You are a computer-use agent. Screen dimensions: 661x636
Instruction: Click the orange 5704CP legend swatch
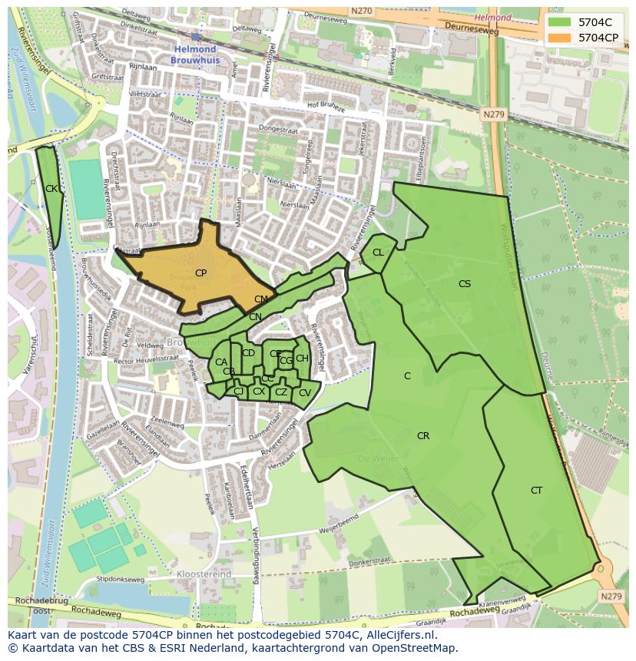click(560, 37)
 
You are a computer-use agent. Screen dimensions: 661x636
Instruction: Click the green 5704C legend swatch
click(560, 22)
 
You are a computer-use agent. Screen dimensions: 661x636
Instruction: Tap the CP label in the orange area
click(200, 273)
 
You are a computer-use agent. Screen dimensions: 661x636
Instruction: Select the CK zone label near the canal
click(51, 189)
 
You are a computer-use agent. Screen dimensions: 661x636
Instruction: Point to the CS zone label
click(464, 284)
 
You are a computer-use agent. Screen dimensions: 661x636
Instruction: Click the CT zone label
click(536, 491)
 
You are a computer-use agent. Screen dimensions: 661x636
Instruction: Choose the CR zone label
click(422, 436)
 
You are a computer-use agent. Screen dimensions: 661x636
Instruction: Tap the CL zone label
click(378, 253)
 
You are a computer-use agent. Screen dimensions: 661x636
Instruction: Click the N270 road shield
click(361, 11)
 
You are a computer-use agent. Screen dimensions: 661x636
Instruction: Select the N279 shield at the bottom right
click(611, 597)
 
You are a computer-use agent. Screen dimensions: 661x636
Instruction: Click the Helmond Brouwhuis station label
click(195, 54)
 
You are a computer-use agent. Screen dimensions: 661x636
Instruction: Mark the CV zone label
click(304, 393)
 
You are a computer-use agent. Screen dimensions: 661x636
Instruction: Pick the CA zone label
click(221, 362)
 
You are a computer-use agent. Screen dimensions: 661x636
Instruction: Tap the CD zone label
click(248, 353)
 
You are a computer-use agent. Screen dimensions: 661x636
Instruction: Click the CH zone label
click(302, 359)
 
